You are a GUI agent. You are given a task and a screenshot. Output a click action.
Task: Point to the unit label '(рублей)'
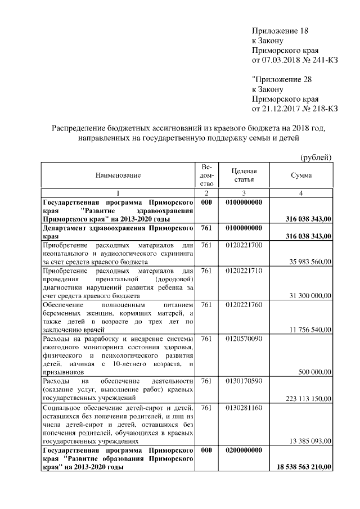click(316, 157)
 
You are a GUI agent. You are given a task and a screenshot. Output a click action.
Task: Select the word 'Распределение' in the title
click(79, 128)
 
